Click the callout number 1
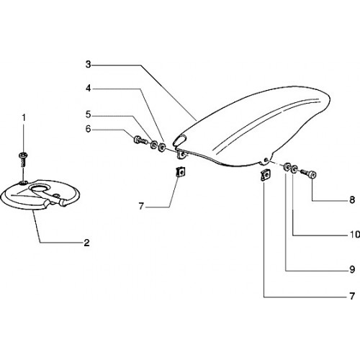coord(24,117)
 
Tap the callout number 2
coord(86,243)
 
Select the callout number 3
coord(89,64)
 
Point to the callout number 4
coord(89,89)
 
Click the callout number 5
coord(89,115)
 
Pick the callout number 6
coord(89,129)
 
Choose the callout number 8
coord(352,200)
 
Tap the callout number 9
coord(352,270)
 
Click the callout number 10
coord(355,234)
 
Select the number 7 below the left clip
coord(141,206)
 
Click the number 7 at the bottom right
coord(352,296)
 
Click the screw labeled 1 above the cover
coord(23,160)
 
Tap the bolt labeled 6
coord(140,140)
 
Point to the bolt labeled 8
coord(308,174)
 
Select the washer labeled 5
coord(153,145)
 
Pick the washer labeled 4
coord(162,146)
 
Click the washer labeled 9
coord(287,167)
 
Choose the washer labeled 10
coord(294,170)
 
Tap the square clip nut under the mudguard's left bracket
coord(181,172)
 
